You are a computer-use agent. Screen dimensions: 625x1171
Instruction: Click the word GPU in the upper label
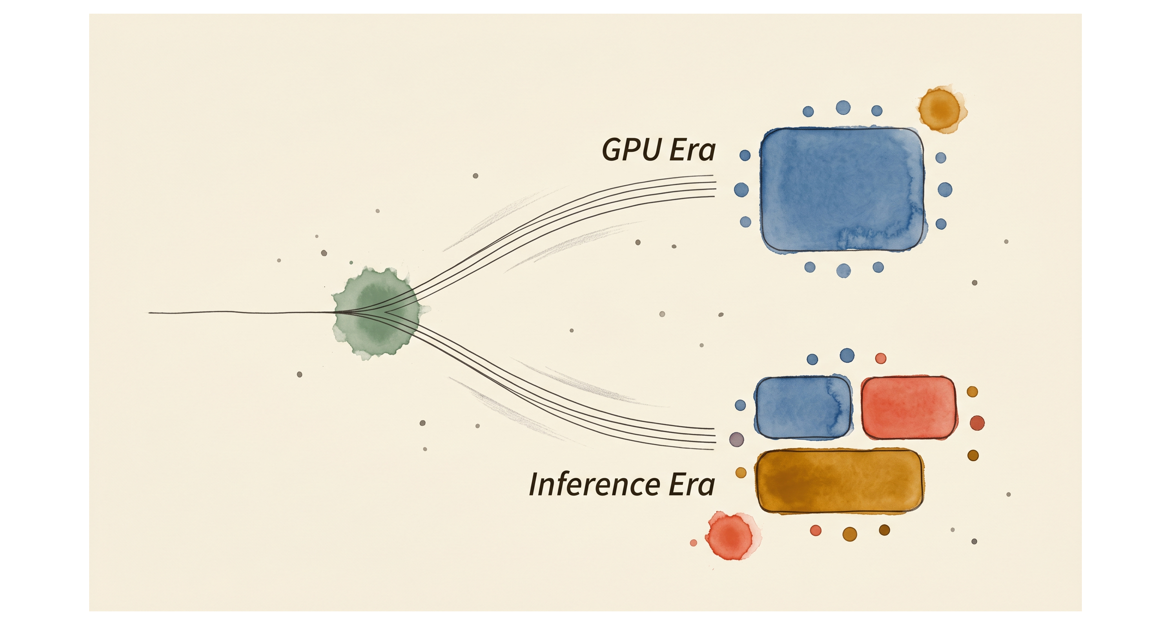click(632, 150)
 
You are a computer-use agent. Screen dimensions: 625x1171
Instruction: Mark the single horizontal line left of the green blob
click(241, 312)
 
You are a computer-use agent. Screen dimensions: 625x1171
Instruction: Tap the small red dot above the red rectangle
click(881, 358)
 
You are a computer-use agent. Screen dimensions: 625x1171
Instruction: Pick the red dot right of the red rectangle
click(977, 423)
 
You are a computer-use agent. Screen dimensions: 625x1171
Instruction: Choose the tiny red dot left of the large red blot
click(693, 543)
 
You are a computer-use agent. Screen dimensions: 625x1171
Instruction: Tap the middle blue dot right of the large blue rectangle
click(945, 190)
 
